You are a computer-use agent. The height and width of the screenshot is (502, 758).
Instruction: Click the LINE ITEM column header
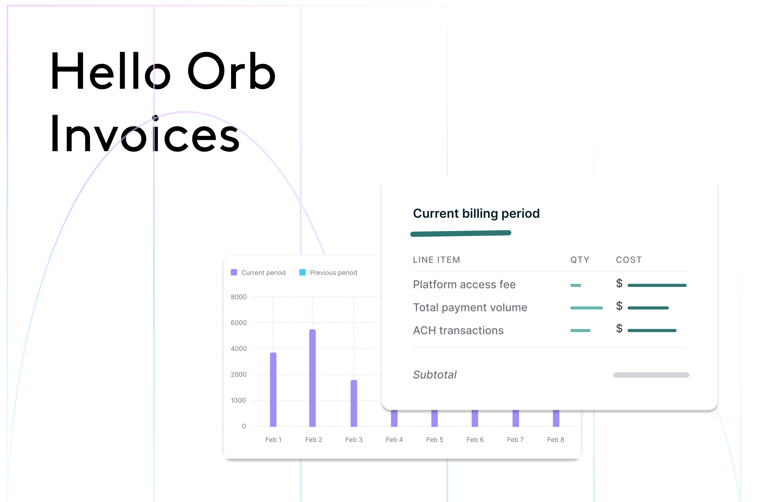pyautogui.click(x=436, y=260)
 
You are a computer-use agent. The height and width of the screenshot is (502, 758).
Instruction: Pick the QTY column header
pyautogui.click(x=580, y=260)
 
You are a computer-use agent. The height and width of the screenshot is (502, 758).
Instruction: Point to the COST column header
pyautogui.click(x=629, y=260)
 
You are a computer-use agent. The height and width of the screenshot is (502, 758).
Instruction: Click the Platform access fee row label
pyautogui.click(x=464, y=284)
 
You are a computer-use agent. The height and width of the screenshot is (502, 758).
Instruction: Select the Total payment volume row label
pyautogui.click(x=470, y=307)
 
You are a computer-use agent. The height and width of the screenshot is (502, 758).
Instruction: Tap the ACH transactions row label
pyautogui.click(x=458, y=330)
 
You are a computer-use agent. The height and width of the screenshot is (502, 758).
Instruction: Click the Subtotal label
pyautogui.click(x=435, y=374)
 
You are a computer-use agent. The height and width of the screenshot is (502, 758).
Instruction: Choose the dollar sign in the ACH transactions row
pyautogui.click(x=619, y=328)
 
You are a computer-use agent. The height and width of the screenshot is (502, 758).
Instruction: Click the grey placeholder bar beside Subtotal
pyautogui.click(x=651, y=375)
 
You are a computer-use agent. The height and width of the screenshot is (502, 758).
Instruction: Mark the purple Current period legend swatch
pyautogui.click(x=234, y=272)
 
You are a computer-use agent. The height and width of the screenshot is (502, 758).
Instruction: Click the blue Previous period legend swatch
pyautogui.click(x=303, y=272)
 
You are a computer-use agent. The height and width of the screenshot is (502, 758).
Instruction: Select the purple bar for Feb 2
pyautogui.click(x=312, y=378)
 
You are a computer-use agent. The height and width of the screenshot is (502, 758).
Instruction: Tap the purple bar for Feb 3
pyautogui.click(x=354, y=403)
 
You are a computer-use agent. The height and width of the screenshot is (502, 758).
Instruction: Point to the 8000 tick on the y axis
pyautogui.click(x=238, y=297)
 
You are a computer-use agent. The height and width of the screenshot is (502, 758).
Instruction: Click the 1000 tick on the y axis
pyautogui.click(x=238, y=400)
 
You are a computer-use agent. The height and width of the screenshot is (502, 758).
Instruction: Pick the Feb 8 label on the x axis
pyautogui.click(x=556, y=440)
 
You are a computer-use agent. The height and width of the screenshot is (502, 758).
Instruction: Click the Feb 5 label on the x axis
pyautogui.click(x=435, y=440)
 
